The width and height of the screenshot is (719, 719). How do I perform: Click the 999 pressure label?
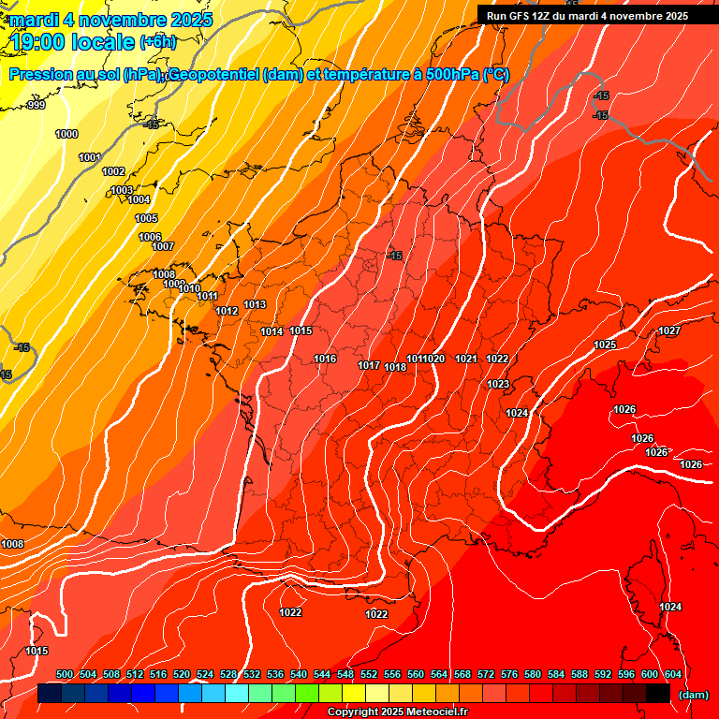pos(37,105)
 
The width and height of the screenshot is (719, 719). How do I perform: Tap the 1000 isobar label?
pos(66,134)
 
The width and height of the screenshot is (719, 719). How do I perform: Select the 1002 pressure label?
pos(113,171)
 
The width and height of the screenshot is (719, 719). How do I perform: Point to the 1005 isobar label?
pos(146,218)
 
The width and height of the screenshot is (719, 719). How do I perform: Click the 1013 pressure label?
pos(255,304)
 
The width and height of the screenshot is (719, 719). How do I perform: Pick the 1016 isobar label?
pos(325,359)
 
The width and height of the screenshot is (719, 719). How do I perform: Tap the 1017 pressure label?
pos(369,365)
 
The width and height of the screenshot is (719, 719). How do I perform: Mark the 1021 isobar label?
pos(466,359)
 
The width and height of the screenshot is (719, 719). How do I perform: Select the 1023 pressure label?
pos(497,384)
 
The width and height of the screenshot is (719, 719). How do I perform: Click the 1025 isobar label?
pos(605,345)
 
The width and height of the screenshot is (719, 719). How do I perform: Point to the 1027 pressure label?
pos(669,330)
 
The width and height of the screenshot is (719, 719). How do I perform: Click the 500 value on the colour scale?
pos(65,674)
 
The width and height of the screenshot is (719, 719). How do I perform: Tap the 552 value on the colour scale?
pos(369,674)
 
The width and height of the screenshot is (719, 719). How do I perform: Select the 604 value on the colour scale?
pos(672,674)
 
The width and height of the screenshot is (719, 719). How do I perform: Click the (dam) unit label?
pos(693,695)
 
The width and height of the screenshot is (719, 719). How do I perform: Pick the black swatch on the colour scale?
pos(658,693)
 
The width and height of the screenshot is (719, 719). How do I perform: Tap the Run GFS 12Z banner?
pos(587,16)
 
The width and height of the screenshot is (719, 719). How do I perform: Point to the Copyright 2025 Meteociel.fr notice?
pos(397,712)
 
